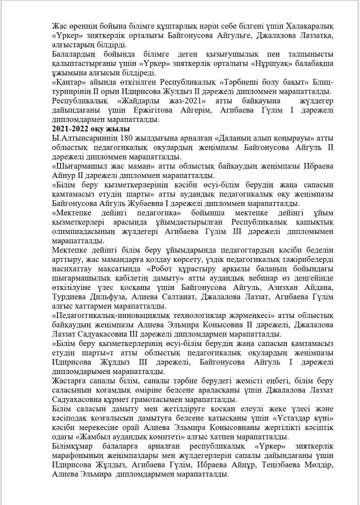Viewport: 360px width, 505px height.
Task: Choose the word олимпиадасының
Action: [x=78, y=232]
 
